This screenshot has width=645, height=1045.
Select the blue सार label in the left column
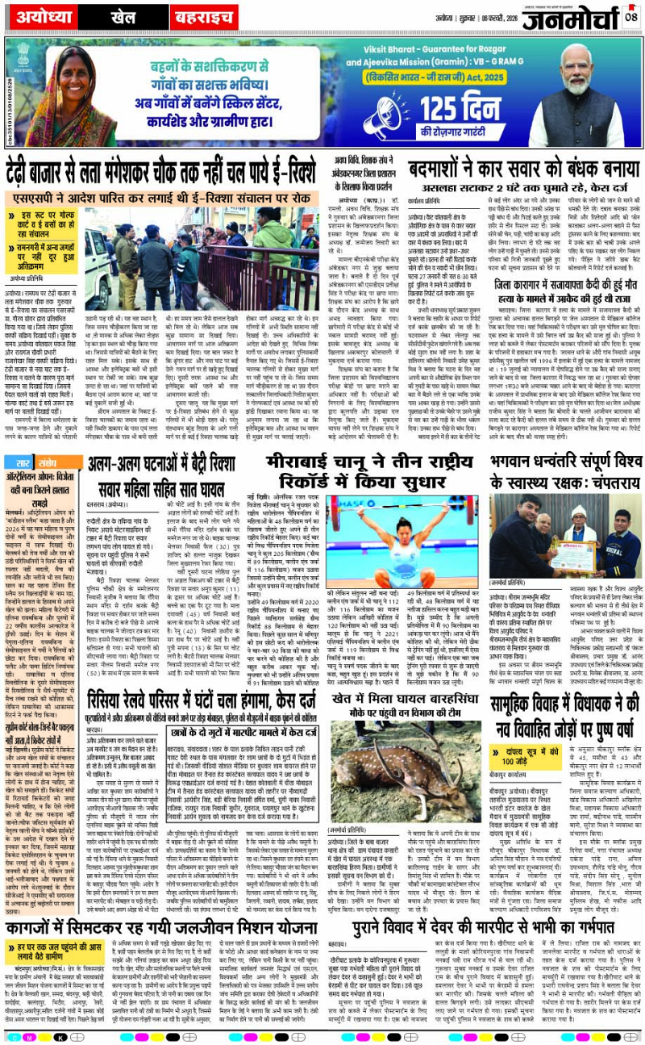click(x=18, y=463)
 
